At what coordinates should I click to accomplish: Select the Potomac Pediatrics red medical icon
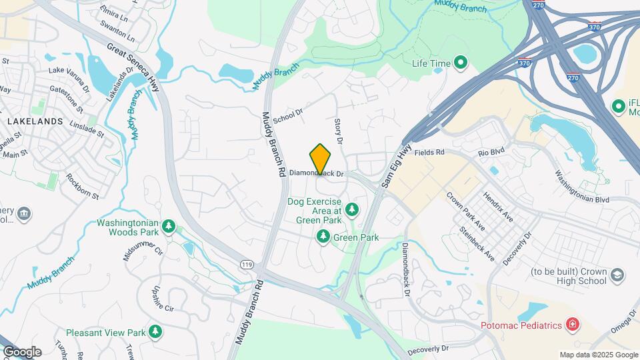[x=571, y=325]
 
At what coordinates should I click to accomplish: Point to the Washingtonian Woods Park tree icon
[x=170, y=227]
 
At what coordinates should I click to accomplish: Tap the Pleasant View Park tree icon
[x=155, y=331]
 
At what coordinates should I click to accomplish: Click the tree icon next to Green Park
[x=323, y=237]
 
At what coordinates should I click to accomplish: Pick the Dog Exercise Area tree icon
[x=351, y=211]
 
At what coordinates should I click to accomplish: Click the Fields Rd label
[x=429, y=152]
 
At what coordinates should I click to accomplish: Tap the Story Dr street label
[x=339, y=131]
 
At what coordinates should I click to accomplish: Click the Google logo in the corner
[x=22, y=352]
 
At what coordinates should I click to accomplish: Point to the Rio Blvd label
[x=493, y=152]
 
